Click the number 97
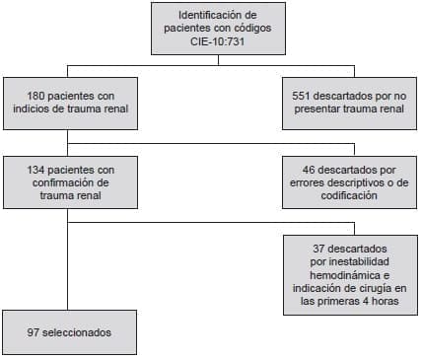click(x=34, y=333)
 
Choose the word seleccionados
click(x=77, y=333)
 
